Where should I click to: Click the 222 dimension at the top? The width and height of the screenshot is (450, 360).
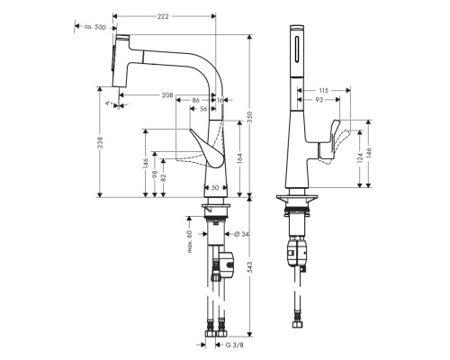(x=163, y=10)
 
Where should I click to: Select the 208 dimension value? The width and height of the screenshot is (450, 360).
(x=166, y=94)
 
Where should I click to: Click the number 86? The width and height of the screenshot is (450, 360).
(x=196, y=100)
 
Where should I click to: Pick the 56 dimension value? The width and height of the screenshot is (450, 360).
(x=203, y=109)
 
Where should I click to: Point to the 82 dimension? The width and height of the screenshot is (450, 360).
(x=164, y=179)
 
